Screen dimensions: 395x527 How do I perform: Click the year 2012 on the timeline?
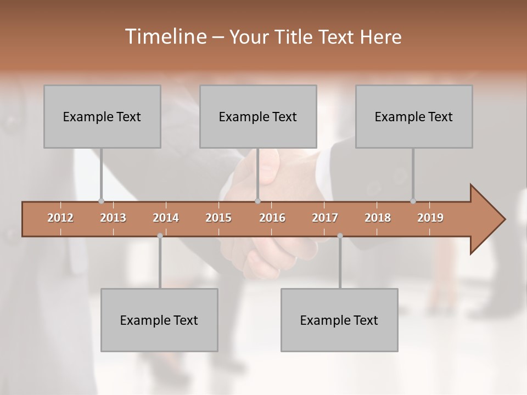60,218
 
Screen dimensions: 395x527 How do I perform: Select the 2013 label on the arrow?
113,218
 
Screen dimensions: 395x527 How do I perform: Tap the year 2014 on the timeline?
166,218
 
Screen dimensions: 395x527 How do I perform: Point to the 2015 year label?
218,218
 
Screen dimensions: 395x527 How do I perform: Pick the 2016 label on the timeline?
272,218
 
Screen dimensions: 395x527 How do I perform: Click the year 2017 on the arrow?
325,218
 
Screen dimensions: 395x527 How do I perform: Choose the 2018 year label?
378,218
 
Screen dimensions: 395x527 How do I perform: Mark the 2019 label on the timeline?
430,218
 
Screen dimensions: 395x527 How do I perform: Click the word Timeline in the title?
165,37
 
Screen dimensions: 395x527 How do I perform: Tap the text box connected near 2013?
102,116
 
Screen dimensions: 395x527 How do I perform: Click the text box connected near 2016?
258,116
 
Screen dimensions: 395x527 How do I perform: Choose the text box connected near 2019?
414,116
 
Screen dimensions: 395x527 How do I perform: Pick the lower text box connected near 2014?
159,320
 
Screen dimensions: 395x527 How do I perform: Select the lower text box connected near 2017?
339,320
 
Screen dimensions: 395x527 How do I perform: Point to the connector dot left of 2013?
101,201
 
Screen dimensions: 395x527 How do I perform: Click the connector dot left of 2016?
257,201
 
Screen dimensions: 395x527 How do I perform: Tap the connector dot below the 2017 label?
340,236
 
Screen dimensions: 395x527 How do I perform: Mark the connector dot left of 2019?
413,201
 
